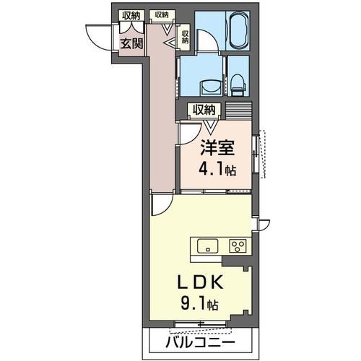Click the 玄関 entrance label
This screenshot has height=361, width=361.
coord(131,43)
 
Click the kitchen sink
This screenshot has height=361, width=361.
coord(206,245)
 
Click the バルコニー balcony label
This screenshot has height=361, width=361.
coord(202,340)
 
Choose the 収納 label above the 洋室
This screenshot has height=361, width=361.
coord(203,110)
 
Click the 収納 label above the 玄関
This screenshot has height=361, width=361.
coord(131,15)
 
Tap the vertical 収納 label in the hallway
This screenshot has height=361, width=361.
coord(185,36)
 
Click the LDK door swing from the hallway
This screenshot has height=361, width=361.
coord(160,205)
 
